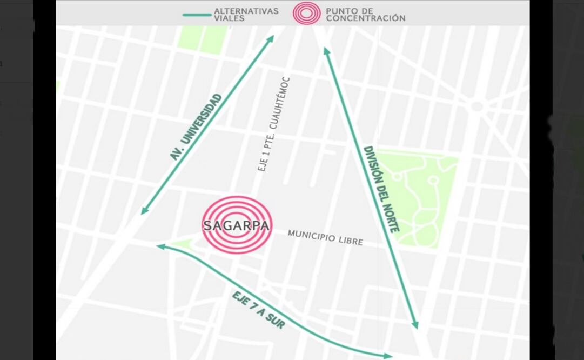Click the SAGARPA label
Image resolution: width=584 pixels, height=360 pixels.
(x=236, y=225)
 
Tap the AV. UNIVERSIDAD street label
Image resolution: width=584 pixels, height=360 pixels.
(x=196, y=127)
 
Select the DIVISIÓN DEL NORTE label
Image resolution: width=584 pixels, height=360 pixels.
(x=381, y=189)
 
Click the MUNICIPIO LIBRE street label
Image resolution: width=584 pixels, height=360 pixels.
(x=325, y=237)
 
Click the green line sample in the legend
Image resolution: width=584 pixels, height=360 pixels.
(x=196, y=14)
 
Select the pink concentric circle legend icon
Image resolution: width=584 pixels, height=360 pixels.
(x=307, y=13)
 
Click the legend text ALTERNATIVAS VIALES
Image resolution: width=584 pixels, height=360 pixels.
(x=246, y=14)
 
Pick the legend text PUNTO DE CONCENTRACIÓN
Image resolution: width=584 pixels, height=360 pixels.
(x=365, y=14)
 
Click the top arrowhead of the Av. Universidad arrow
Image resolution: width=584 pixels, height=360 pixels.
(x=271, y=38)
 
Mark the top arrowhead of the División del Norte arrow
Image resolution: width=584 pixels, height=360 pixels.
(x=326, y=50)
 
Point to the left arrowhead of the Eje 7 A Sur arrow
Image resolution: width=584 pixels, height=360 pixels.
(x=159, y=246)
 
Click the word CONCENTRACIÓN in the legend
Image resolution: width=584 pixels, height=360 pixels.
(x=365, y=18)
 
